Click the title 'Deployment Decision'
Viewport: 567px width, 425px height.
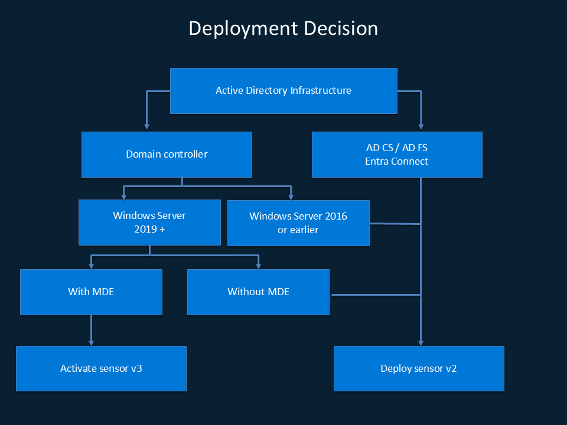point(283,28)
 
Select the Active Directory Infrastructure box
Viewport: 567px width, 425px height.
point(283,90)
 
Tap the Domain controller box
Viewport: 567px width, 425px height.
point(167,154)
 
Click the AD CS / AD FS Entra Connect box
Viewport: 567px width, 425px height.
point(397,154)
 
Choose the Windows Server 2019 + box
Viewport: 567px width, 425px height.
point(149,222)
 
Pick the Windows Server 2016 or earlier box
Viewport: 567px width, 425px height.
point(298,223)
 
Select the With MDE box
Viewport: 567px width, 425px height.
point(91,292)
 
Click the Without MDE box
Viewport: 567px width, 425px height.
point(258,292)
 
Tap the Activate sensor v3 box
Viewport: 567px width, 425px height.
point(101,368)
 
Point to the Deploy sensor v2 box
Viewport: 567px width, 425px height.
point(419,368)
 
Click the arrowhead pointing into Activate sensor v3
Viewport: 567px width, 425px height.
point(91,342)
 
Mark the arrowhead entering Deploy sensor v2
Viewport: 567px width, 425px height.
point(421,342)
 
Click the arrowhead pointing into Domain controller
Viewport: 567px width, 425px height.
point(146,126)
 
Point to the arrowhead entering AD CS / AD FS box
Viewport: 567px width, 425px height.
point(421,126)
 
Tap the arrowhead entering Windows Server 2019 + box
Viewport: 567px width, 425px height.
point(123,195)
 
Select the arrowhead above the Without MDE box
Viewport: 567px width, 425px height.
point(258,265)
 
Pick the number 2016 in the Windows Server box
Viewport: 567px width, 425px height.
point(335,216)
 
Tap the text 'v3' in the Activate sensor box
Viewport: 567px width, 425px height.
point(136,368)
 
